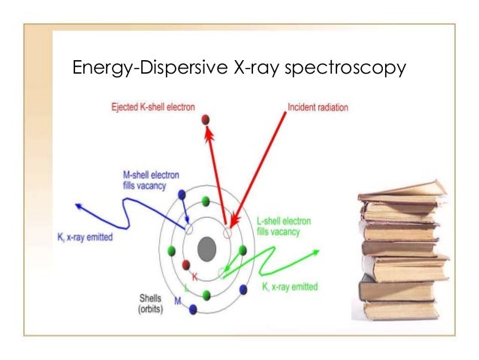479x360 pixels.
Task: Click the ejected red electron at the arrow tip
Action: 204,119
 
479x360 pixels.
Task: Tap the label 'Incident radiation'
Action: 317,108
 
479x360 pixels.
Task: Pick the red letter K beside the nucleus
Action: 194,278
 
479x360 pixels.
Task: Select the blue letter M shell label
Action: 177,301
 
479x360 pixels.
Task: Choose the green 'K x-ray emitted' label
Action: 289,286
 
